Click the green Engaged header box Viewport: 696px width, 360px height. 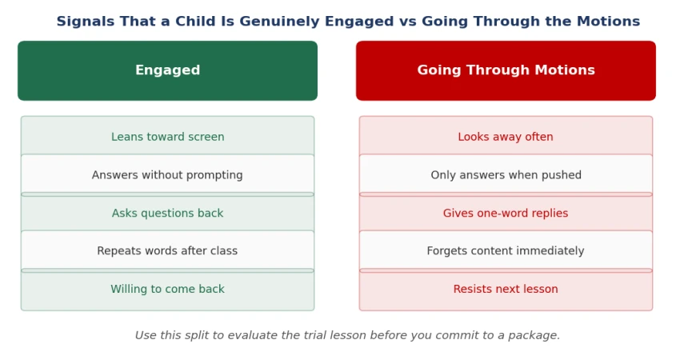click(x=167, y=70)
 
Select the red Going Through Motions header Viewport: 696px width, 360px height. click(x=506, y=70)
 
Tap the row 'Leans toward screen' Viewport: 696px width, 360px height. click(x=167, y=136)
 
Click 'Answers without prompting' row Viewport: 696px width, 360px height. click(x=167, y=174)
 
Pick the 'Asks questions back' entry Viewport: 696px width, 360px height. click(x=167, y=213)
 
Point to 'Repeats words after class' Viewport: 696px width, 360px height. click(x=167, y=251)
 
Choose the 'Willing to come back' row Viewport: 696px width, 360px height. click(x=167, y=290)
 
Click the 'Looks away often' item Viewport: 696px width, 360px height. click(x=506, y=136)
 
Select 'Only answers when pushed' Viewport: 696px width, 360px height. click(x=506, y=174)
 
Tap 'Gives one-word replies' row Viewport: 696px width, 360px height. click(x=506, y=213)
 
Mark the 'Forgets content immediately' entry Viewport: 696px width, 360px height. click(x=506, y=251)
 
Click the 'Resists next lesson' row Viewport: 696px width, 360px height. click(x=506, y=290)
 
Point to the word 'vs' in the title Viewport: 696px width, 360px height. click(x=407, y=22)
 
